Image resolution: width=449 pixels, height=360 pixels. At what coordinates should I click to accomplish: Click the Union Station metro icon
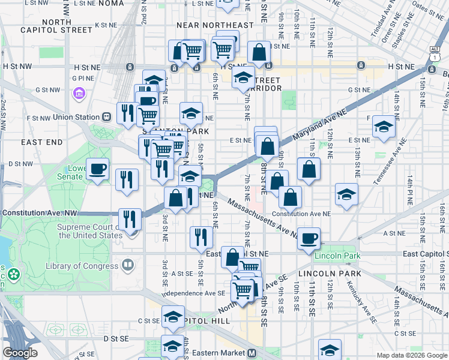click(x=106, y=117)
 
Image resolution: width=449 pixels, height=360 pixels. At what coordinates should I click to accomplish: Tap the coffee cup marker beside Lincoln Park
click(x=309, y=238)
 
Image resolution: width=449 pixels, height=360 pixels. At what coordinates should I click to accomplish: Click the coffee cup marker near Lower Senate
click(x=98, y=169)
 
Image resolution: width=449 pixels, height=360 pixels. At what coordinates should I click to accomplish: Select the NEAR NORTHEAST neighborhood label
click(x=215, y=25)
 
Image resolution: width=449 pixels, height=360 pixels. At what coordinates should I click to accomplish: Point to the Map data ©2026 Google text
click(x=412, y=355)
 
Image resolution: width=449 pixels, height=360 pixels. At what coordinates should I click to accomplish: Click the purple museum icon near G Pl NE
click(x=78, y=94)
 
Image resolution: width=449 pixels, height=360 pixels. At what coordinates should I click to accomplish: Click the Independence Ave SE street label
click(x=193, y=293)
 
